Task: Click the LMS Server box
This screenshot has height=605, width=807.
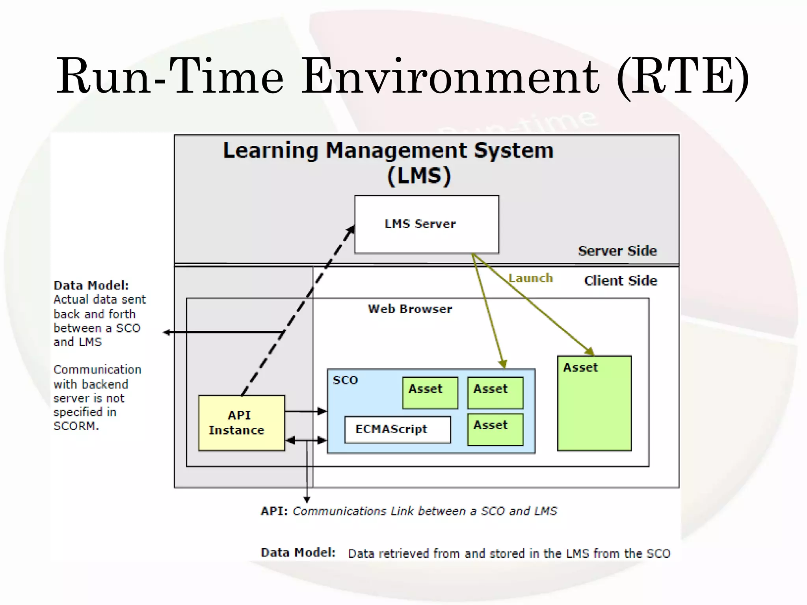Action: click(x=426, y=224)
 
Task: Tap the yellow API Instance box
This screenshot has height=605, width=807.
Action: click(x=241, y=423)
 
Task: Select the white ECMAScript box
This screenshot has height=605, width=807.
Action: click(x=397, y=429)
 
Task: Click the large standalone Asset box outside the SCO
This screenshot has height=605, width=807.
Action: click(x=594, y=403)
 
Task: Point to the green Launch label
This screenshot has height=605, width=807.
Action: click(x=531, y=278)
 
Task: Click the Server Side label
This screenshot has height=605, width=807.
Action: click(x=617, y=251)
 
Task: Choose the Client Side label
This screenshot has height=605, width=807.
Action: click(x=621, y=281)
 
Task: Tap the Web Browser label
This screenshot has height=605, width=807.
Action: click(x=410, y=309)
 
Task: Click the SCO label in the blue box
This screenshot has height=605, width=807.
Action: click(x=345, y=380)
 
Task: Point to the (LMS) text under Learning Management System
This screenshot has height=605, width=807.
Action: click(x=419, y=176)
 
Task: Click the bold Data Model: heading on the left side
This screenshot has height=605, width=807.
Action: click(x=91, y=285)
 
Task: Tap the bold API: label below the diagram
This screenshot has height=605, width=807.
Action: click(x=274, y=511)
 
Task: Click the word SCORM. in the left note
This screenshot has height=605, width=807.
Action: click(x=76, y=426)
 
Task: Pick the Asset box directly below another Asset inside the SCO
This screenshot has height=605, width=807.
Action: click(x=495, y=429)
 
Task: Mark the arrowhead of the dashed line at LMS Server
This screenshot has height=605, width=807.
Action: click(x=351, y=230)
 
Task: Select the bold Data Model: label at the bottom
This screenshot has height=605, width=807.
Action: click(x=298, y=553)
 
